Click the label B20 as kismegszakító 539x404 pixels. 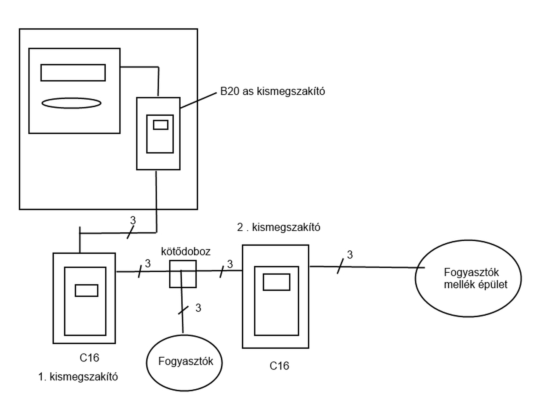272,91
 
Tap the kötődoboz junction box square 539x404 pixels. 183,274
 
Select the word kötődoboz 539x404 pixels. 186,252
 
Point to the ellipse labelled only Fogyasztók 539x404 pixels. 185,361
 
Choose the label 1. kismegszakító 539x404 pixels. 78,377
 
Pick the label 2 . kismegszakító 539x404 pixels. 279,227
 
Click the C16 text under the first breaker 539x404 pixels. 89,358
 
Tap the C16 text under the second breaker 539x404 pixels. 279,366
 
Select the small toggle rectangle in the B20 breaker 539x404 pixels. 160,125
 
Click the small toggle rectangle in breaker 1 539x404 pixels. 87,290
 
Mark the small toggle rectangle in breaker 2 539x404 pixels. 277,282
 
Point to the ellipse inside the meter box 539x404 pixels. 72,103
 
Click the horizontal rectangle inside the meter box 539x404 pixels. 73,72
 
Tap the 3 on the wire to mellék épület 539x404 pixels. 350,255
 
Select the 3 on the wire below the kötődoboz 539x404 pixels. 198,308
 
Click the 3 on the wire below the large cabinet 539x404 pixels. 133,220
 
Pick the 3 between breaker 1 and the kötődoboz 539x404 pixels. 147,263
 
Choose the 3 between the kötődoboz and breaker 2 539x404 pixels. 230,264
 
